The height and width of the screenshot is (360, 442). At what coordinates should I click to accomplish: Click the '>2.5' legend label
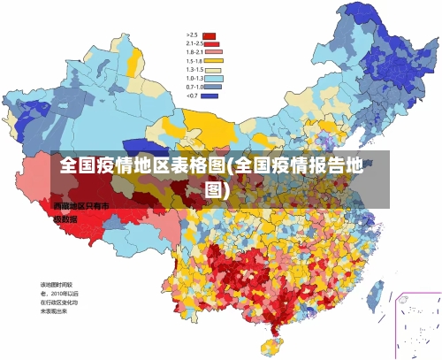(190, 35)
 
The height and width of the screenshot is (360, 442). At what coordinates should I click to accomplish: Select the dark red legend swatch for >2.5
(210, 35)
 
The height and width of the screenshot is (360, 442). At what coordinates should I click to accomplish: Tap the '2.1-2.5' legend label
(194, 43)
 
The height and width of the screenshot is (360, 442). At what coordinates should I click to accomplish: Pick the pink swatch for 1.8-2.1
(210, 52)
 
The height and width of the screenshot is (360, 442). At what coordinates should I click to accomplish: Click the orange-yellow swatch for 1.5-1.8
(210, 61)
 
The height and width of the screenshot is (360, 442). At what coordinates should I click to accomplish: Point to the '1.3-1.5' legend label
(194, 70)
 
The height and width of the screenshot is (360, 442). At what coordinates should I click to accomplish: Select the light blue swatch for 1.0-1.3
(210, 79)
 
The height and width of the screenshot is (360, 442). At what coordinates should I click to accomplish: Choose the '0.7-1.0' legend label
(194, 87)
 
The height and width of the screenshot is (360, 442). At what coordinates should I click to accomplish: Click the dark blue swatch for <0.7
(210, 96)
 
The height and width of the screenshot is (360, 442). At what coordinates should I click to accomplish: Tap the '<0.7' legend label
(190, 96)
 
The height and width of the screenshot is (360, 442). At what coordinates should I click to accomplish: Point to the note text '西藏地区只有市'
(80, 206)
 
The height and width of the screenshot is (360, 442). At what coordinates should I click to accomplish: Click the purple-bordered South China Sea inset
(416, 324)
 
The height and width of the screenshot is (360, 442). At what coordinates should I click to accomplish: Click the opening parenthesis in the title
(228, 167)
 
